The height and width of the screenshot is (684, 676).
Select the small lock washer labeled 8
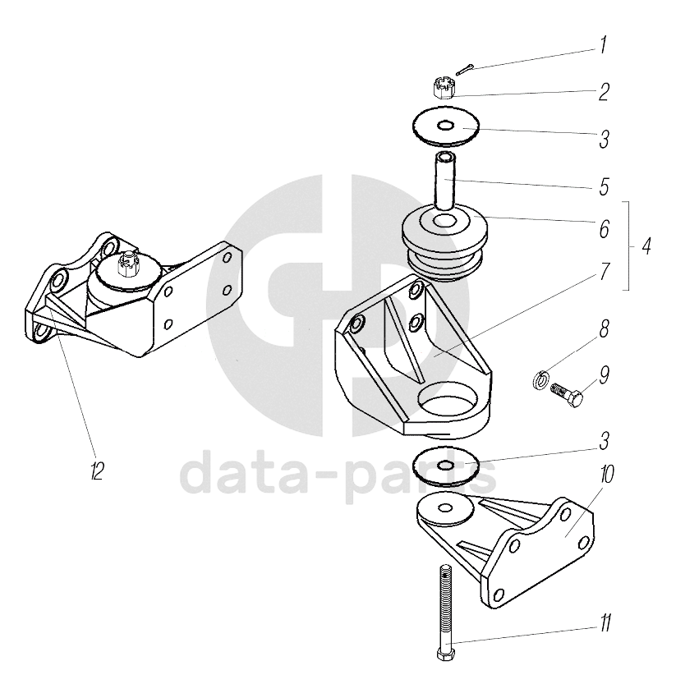[540, 379]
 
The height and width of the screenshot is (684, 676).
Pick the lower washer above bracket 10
[446, 466]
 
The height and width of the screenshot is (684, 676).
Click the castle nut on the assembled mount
[127, 264]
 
